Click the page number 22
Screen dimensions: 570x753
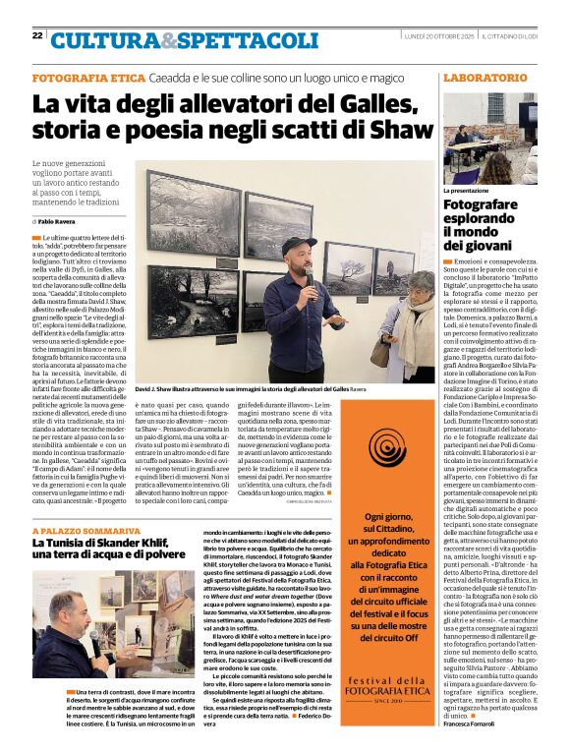pyautogui.click(x=37, y=35)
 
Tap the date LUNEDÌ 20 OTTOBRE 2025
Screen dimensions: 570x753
pyautogui.click(x=439, y=36)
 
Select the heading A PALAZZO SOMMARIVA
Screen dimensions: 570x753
pyautogui.click(x=84, y=530)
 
